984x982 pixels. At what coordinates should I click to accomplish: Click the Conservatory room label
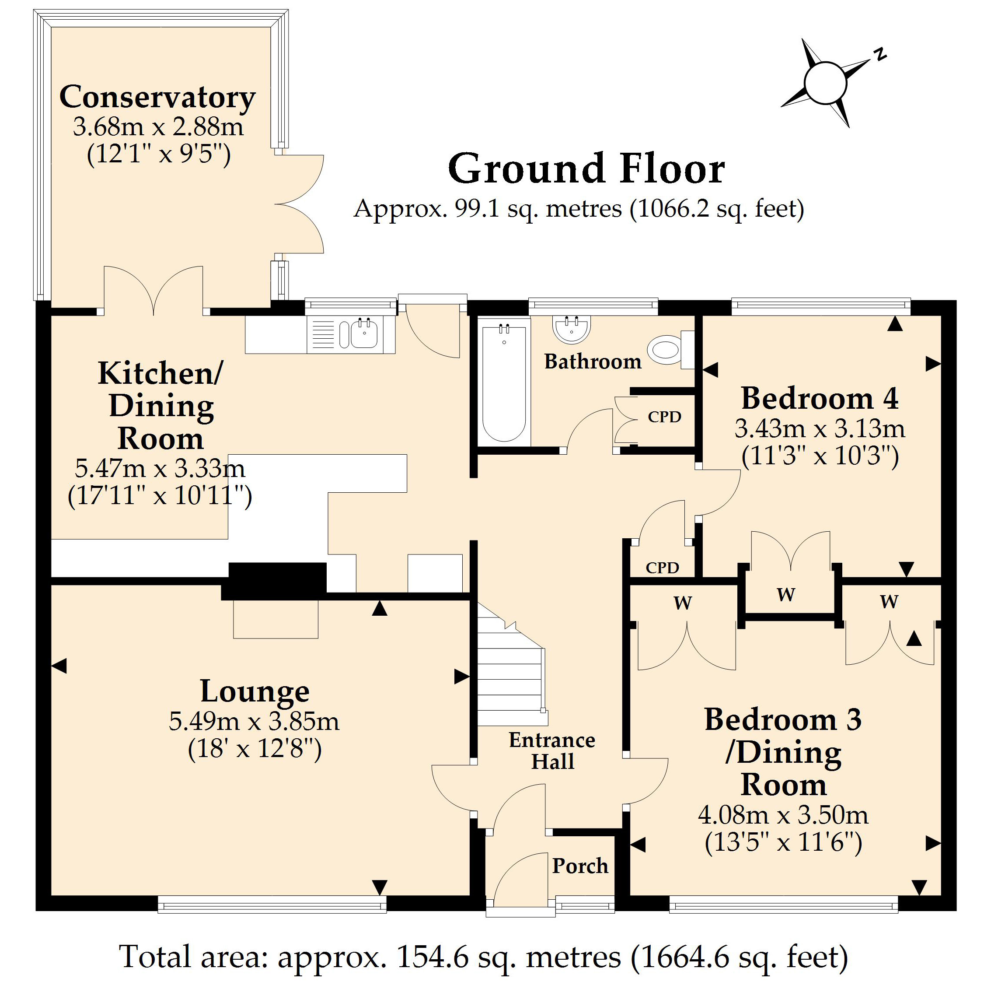click(157, 97)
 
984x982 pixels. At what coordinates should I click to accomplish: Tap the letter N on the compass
click(879, 54)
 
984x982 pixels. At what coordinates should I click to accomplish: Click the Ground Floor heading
click(586, 169)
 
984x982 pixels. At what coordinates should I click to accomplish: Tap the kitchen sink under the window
click(364, 334)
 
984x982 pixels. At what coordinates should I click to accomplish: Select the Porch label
click(579, 866)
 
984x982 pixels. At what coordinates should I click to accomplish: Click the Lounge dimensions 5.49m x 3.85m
click(254, 721)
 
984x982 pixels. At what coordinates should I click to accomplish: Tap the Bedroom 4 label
click(819, 399)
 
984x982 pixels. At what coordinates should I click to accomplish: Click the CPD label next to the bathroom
click(664, 417)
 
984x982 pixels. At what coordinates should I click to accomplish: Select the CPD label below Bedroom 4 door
click(662, 568)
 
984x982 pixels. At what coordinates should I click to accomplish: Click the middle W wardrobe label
click(786, 594)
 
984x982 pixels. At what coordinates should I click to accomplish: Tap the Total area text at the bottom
click(483, 957)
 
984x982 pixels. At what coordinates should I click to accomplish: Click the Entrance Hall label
click(552, 751)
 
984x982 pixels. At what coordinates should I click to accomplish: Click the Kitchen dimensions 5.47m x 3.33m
click(160, 468)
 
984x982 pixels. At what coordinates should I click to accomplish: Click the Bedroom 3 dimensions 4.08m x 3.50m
click(783, 814)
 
